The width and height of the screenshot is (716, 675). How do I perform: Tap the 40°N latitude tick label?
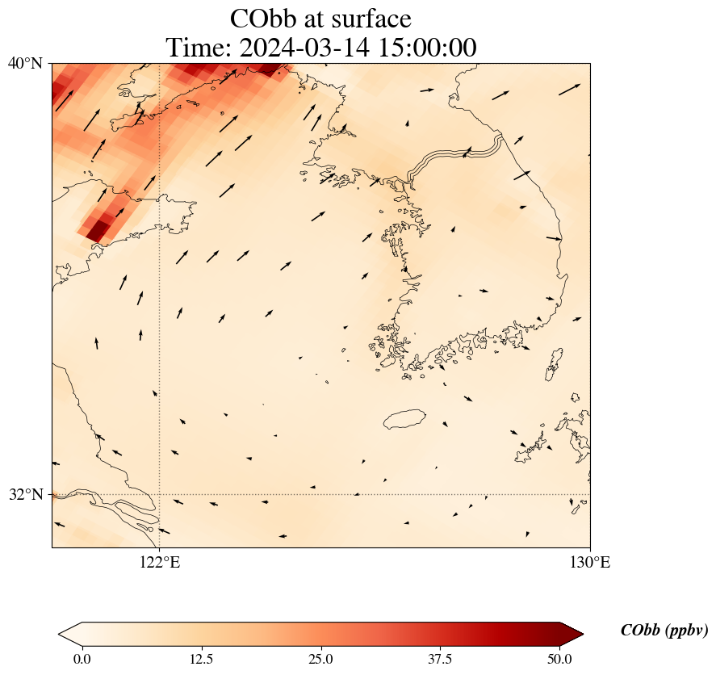pyautogui.click(x=26, y=63)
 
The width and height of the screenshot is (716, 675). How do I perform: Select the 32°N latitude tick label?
pyautogui.click(x=26, y=494)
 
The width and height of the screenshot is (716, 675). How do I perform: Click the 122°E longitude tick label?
pyautogui.click(x=160, y=562)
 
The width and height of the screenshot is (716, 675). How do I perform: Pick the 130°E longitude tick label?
pyautogui.click(x=590, y=562)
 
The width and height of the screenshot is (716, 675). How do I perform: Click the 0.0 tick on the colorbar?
pyautogui.click(x=82, y=659)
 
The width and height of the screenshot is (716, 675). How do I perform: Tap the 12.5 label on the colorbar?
pyautogui.click(x=201, y=659)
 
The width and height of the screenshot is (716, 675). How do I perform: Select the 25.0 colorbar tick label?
pyautogui.click(x=320, y=659)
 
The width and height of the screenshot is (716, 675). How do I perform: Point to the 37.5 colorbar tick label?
pyautogui.click(x=440, y=659)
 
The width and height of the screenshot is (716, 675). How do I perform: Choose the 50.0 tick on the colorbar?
pyautogui.click(x=559, y=659)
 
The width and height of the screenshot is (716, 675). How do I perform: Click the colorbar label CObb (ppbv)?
pyautogui.click(x=664, y=631)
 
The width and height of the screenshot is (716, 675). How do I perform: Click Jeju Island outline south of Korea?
pyautogui.click(x=405, y=419)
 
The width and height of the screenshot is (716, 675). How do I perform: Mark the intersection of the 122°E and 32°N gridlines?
pyautogui.click(x=160, y=494)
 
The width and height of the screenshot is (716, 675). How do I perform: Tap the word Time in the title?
pyautogui.click(x=198, y=48)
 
